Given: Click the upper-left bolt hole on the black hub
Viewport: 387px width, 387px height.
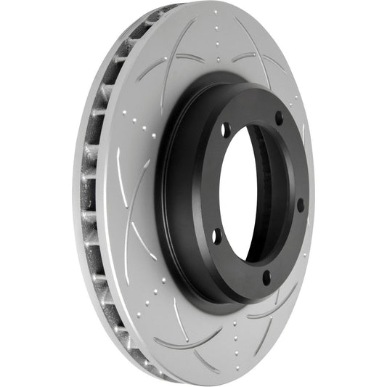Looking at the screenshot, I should click(x=226, y=131).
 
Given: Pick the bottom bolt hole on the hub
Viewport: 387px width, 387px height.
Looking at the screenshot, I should click(x=266, y=277).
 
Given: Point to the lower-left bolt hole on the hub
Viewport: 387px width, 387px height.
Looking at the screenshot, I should click(x=216, y=236).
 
